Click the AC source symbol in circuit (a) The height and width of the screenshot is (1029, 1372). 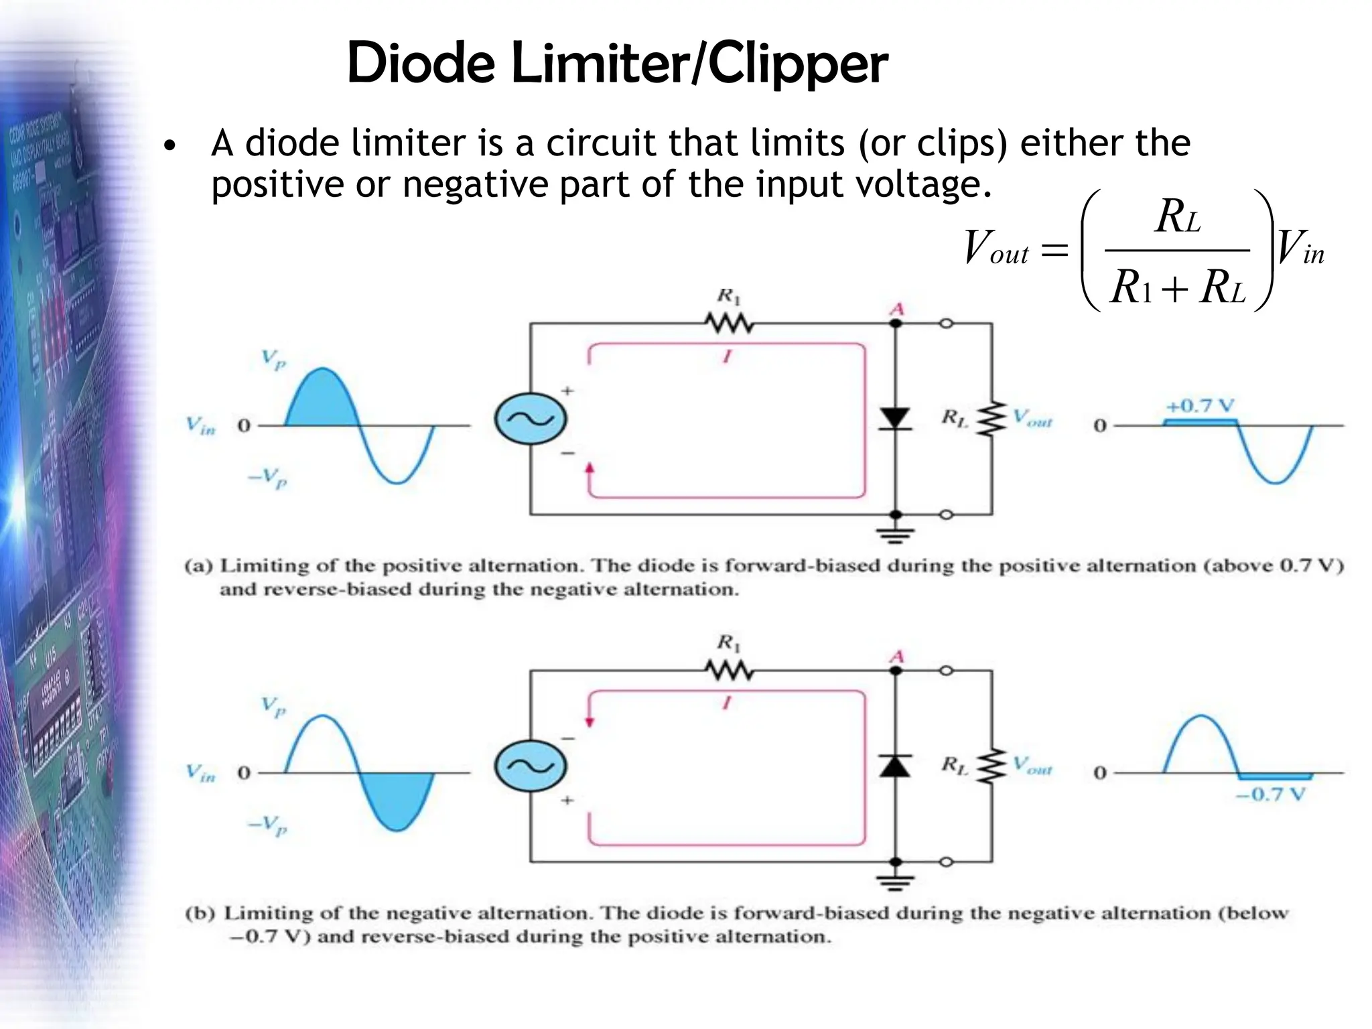[531, 419]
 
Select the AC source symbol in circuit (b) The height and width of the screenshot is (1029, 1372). [531, 766]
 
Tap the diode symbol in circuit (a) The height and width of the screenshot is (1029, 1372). [895, 419]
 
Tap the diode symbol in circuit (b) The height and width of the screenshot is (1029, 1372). [895, 766]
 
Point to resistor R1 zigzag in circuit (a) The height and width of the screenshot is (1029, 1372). [730, 324]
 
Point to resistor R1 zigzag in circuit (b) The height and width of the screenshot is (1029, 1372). [730, 671]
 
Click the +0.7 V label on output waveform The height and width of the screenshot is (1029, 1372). [1200, 406]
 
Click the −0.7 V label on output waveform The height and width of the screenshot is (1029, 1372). [1270, 795]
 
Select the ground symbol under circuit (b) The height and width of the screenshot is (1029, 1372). [895, 882]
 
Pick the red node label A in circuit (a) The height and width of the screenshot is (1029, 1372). [896, 310]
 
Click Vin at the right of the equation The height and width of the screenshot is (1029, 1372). [1300, 248]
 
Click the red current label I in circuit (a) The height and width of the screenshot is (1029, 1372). [727, 356]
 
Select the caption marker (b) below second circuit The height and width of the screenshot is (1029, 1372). [200, 913]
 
